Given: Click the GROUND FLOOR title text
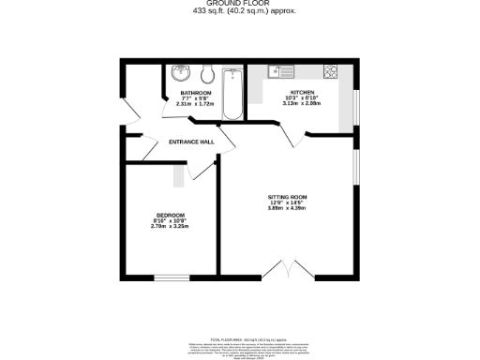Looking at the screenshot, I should (x=240, y=4).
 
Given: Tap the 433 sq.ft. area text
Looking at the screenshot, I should (x=240, y=11).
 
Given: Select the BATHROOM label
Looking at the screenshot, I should (x=196, y=93).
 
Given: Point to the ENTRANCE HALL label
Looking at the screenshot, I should (x=190, y=142).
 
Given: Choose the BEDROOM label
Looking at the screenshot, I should (x=170, y=216).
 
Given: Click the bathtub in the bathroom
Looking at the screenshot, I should (x=232, y=93).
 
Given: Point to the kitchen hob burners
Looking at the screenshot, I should (x=330, y=70).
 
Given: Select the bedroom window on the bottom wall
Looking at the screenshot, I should (x=170, y=277).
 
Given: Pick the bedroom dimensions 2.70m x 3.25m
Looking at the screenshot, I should (x=170, y=227).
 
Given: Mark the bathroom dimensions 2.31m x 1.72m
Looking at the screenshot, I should (x=196, y=104).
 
